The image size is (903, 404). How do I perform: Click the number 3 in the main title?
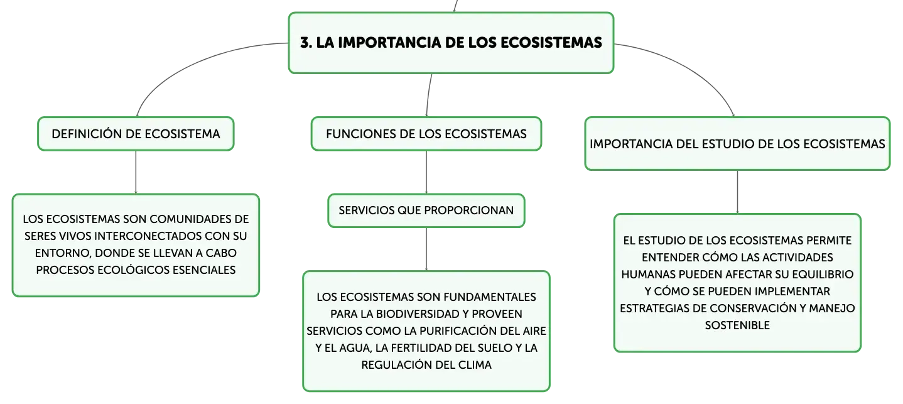pos(305,43)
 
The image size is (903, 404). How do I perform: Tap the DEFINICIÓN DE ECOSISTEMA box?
pos(136,134)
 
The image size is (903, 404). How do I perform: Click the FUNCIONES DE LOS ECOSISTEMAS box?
pos(426,134)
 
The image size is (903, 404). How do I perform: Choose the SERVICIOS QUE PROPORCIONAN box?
pos(426,210)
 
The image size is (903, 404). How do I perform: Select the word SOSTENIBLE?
pos(737,325)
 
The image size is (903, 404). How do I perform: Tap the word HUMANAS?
pos(648,274)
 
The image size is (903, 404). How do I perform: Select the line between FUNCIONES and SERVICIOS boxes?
pos(426,172)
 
